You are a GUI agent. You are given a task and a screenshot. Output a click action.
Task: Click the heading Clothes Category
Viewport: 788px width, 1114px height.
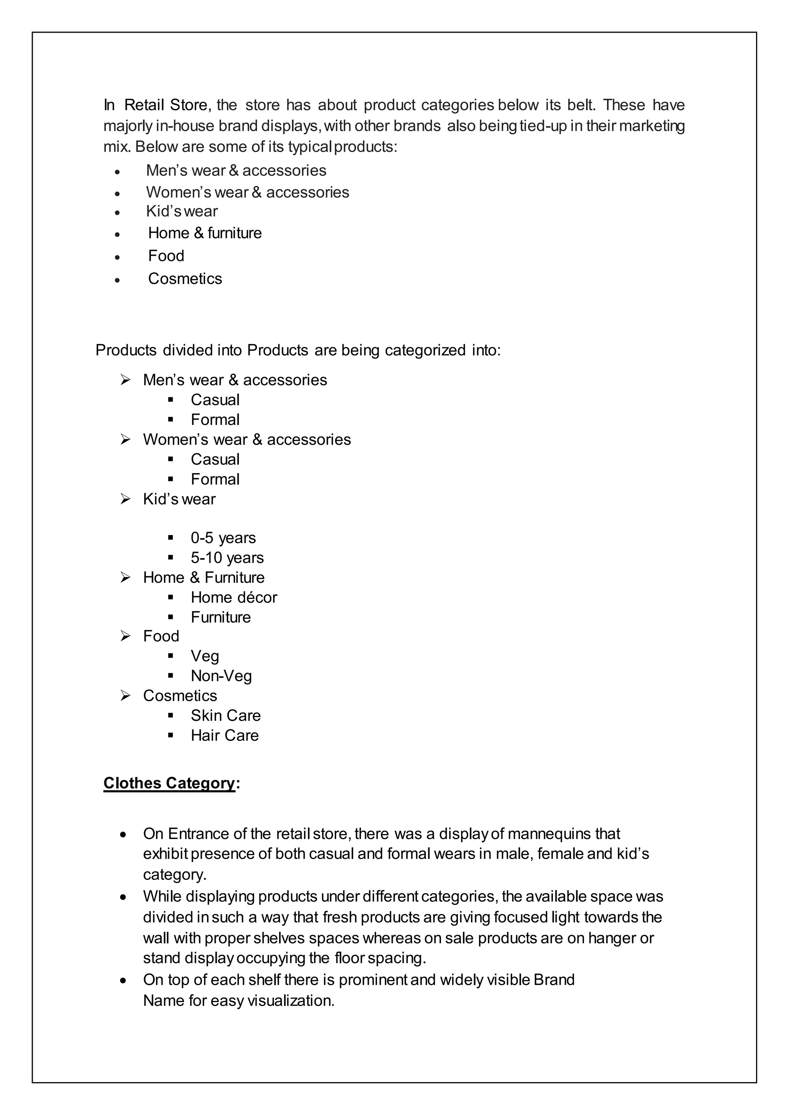169,783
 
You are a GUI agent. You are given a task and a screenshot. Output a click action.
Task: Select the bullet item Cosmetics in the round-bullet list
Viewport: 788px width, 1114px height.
185,278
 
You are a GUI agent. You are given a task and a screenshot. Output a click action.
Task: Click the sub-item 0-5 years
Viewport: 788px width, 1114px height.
223,538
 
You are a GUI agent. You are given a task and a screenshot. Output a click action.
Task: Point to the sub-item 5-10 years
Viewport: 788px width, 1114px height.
227,557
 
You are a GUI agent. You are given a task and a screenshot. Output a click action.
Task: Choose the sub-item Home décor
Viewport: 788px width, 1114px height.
234,597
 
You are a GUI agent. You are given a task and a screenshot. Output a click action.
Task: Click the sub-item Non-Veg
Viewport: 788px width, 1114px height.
221,675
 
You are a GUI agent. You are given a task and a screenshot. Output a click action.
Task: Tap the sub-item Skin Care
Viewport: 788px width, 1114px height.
225,715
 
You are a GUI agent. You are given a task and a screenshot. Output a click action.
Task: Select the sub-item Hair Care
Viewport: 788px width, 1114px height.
224,735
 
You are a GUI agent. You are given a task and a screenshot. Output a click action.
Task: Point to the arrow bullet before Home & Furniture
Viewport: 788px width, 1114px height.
126,577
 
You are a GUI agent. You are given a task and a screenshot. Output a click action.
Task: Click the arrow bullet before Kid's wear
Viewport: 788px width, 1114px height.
126,499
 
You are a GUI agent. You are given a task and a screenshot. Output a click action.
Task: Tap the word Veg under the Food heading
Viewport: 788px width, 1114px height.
204,656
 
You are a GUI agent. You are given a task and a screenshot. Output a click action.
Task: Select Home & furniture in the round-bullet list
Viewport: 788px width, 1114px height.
204,233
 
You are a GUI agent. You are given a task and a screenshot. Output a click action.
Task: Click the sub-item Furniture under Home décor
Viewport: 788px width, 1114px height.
220,617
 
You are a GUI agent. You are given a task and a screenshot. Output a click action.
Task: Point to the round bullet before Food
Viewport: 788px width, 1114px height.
117,257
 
